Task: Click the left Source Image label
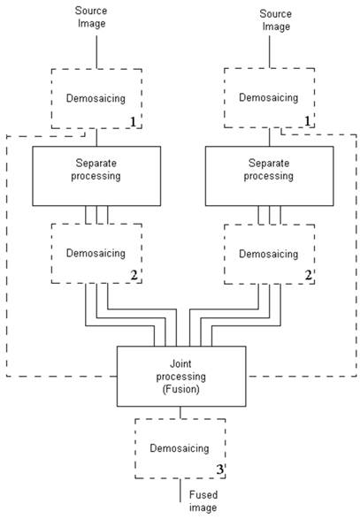point(91,17)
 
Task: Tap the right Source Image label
point(276,20)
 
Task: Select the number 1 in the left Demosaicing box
point(133,122)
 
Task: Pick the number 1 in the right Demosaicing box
point(307,121)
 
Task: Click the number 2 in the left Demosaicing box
point(134,275)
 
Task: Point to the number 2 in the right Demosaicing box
point(309,275)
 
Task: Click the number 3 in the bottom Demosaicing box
point(220,469)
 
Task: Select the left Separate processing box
point(96,176)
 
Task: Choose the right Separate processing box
point(269,176)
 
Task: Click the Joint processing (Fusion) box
point(181,377)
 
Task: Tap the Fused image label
point(203,501)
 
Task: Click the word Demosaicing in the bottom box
point(180,448)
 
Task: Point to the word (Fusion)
point(180,389)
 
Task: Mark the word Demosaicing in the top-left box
point(96,98)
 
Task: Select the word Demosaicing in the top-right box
point(269,97)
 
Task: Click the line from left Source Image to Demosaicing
point(96,52)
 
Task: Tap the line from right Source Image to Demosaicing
point(269,51)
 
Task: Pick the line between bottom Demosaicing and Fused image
point(180,490)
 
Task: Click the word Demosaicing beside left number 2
point(96,253)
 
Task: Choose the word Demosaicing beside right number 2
point(269,254)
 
